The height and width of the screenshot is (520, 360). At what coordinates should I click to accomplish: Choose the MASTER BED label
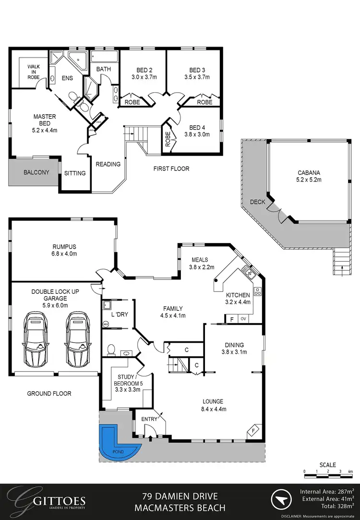tap(45, 120)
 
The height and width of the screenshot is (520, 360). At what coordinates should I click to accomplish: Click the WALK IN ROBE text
tap(34, 73)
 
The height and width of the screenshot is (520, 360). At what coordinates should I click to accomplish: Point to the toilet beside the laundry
tap(111, 349)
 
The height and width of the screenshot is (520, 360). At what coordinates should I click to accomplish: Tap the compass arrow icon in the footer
tap(282, 500)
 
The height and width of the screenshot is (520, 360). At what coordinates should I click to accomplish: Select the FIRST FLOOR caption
tap(171, 169)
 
